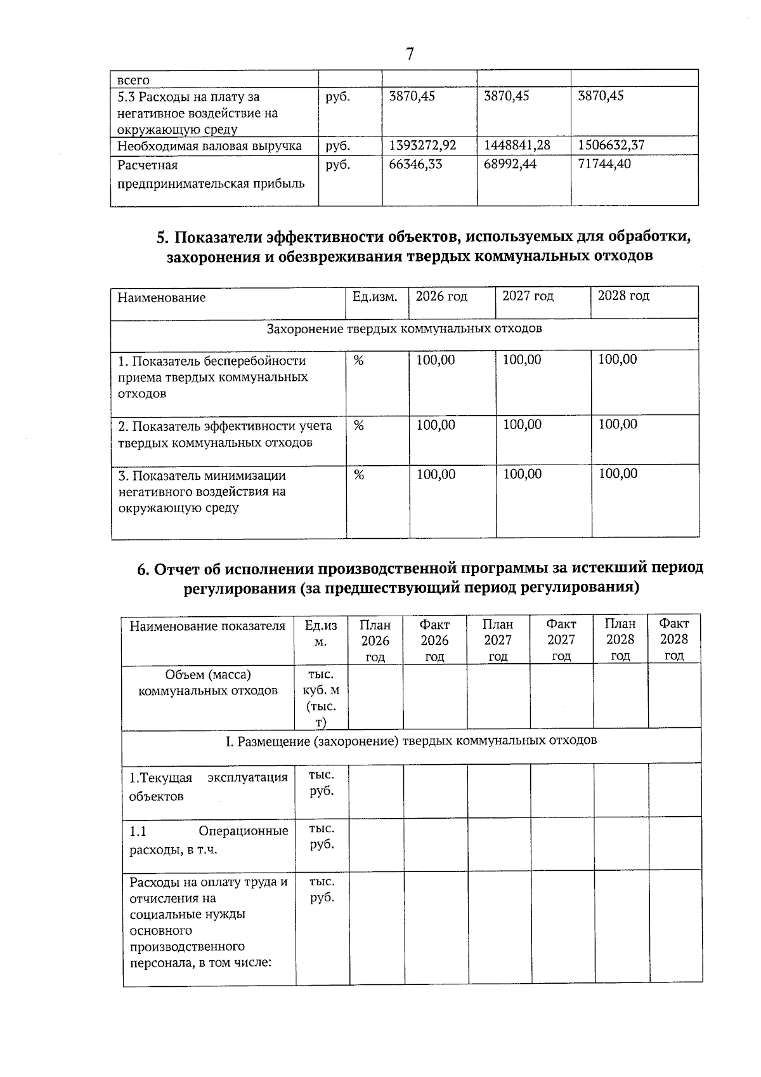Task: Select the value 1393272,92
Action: click(x=422, y=145)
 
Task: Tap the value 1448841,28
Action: click(x=517, y=145)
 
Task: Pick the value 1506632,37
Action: click(x=611, y=145)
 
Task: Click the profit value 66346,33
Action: click(x=415, y=164)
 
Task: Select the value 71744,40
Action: click(x=605, y=164)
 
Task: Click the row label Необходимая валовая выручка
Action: click(x=209, y=147)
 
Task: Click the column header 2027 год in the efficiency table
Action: click(x=528, y=296)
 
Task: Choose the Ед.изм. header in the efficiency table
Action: click(x=375, y=297)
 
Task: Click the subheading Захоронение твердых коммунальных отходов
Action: click(x=404, y=329)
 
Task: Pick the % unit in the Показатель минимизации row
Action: click(x=358, y=475)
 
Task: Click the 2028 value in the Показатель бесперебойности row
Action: click(x=618, y=360)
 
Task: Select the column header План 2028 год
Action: click(x=620, y=639)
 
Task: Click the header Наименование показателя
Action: click(x=207, y=626)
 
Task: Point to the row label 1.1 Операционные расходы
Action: click(x=209, y=840)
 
